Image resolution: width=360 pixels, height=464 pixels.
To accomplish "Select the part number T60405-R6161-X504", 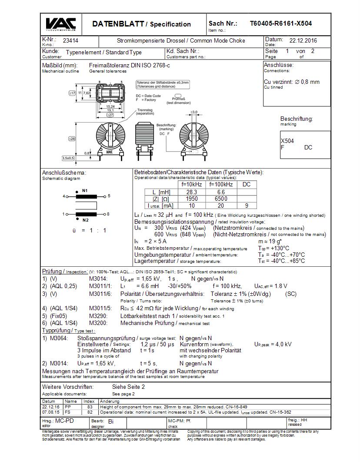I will point(280,23).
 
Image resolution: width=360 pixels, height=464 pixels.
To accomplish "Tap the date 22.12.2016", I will point(303,41).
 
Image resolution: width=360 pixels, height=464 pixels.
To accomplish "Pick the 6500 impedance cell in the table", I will point(220,199).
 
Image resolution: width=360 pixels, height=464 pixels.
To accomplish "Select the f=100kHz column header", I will point(220,184).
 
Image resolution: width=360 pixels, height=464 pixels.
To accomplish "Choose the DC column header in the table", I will point(247,184).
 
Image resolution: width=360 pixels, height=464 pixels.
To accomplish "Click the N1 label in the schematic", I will point(85,191).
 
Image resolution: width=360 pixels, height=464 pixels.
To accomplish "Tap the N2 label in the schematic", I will point(85,220).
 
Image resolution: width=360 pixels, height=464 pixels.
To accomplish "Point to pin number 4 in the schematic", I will point(63,196).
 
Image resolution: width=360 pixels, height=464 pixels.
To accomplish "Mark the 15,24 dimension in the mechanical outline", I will point(111,106).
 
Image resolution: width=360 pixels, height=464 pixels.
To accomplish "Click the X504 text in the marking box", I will point(287,141).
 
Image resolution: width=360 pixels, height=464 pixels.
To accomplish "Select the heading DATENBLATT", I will point(118,24).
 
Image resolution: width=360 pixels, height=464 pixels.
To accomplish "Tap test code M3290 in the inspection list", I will point(98,316).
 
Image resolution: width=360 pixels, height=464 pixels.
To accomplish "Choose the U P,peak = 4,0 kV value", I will point(273,344).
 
